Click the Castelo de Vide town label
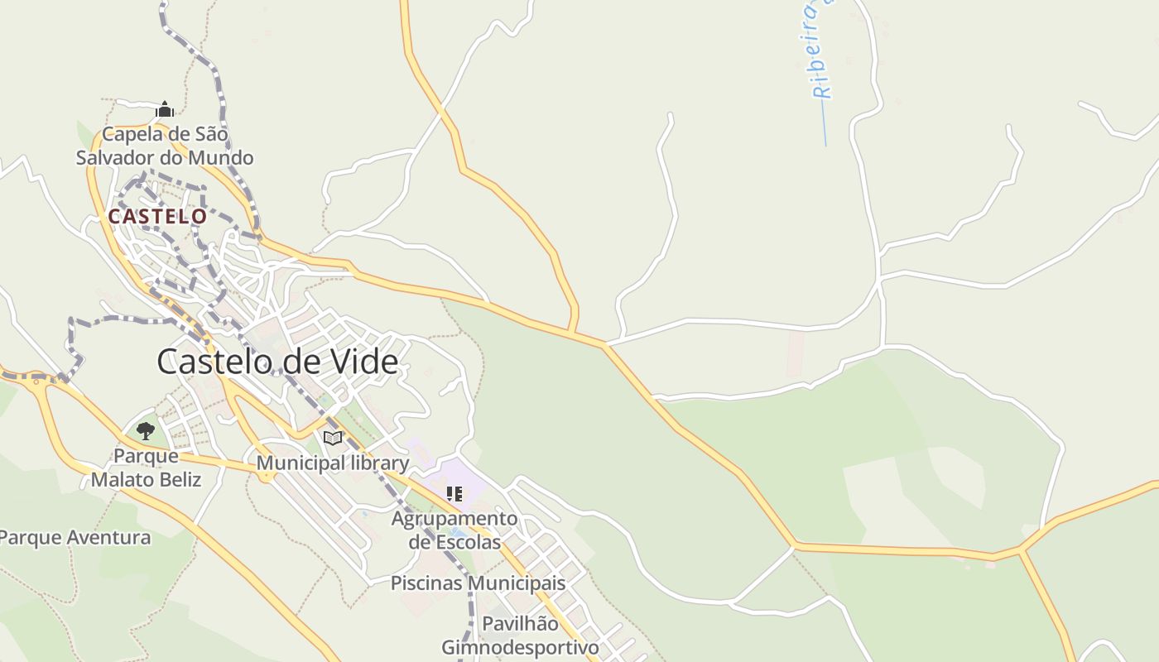pyautogui.click(x=277, y=362)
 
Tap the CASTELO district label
pyautogui.click(x=157, y=217)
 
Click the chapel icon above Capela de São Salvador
pyautogui.click(x=165, y=109)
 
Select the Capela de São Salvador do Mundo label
pyautogui.click(x=165, y=146)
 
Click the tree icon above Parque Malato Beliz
pyautogui.click(x=146, y=431)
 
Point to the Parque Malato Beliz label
pyautogui.click(x=146, y=468)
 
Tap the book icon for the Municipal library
pyautogui.click(x=333, y=438)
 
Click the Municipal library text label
pyautogui.click(x=333, y=463)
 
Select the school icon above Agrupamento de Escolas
pyautogui.click(x=454, y=494)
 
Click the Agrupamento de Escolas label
pyautogui.click(x=454, y=530)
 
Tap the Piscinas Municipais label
pyautogui.click(x=478, y=583)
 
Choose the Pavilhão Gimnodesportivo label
pyautogui.click(x=520, y=635)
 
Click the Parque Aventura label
pyautogui.click(x=75, y=538)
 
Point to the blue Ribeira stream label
pyautogui.click(x=820, y=50)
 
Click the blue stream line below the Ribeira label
pyautogui.click(x=825, y=124)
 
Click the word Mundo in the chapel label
pyautogui.click(x=219, y=157)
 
